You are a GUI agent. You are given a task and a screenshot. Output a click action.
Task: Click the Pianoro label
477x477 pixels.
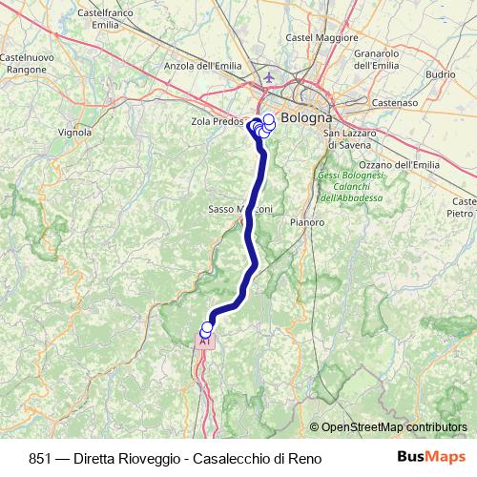click(306, 221)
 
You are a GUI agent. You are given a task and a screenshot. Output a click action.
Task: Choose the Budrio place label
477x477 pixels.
click(441, 73)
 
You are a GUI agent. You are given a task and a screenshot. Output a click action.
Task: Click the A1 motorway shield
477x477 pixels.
click(204, 341)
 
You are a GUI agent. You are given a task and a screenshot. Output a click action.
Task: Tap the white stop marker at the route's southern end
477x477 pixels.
click(207, 327)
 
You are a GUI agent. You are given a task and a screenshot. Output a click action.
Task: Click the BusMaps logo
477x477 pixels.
click(432, 456)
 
